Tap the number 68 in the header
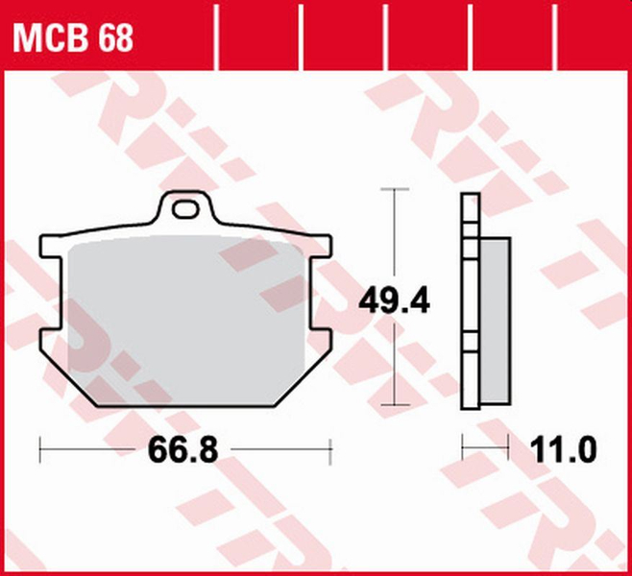point(113,37)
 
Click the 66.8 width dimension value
point(184,448)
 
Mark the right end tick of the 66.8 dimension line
point(330,448)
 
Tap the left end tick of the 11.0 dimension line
point(463,447)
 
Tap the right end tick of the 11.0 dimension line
point(506,447)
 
